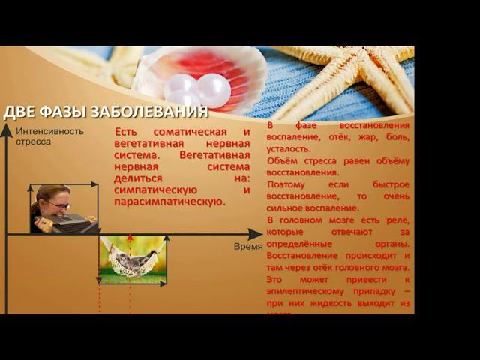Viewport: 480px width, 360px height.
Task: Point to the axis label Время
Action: coord(248,246)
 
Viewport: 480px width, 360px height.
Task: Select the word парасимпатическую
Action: coord(169,201)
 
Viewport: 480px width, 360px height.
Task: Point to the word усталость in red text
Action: coord(289,149)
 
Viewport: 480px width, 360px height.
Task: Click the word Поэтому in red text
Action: coord(286,184)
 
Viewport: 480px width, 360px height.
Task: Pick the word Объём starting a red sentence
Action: coord(285,161)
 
